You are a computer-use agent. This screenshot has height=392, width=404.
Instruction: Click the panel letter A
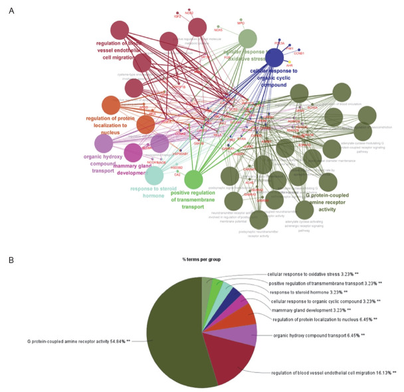(11, 11)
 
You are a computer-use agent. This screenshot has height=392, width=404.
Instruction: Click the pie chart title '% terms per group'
(202, 258)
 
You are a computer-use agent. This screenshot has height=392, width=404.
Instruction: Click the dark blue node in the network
(274, 58)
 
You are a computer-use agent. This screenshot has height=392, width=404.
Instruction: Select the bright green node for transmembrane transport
(193, 179)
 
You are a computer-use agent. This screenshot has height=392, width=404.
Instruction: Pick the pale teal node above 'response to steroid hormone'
(154, 175)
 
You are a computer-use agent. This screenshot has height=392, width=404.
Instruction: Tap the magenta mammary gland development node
(133, 152)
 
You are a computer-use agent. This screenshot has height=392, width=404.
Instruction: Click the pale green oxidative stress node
(247, 38)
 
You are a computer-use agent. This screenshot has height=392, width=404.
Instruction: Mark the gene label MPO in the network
(241, 23)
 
